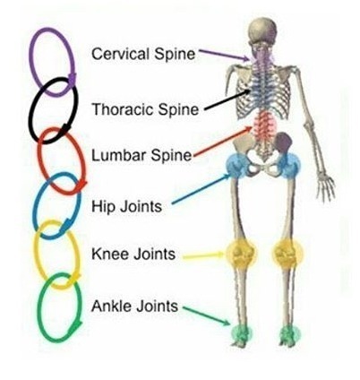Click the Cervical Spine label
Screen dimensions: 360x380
tap(143, 54)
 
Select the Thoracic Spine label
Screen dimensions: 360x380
tap(145, 109)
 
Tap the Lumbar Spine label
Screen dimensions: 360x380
tap(141, 155)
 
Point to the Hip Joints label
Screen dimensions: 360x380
tap(126, 206)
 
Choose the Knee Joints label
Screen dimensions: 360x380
tap(133, 255)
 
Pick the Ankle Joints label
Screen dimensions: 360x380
tap(134, 306)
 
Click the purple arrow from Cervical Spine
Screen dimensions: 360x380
tap(224, 55)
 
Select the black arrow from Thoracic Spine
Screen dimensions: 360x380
tap(227, 100)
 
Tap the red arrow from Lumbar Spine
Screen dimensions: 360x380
tap(223, 141)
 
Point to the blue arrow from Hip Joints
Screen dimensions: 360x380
tap(201, 189)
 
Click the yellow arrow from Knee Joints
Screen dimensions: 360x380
tap(203, 255)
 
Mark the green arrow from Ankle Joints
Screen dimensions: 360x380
tap(207, 315)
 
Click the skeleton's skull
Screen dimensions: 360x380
tap(262, 30)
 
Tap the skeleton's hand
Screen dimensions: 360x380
tap(326, 187)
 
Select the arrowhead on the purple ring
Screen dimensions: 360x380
tap(72, 79)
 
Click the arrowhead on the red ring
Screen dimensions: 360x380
tap(81, 185)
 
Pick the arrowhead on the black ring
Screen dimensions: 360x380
tap(65, 128)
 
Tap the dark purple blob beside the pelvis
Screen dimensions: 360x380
tap(283, 143)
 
